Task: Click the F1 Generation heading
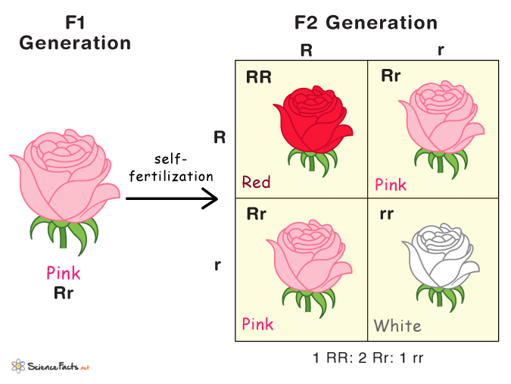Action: [x=75, y=33]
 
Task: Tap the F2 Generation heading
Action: [x=366, y=23]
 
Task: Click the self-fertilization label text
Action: [x=170, y=167]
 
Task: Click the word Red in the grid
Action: [x=256, y=182]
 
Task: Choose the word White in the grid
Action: [x=397, y=326]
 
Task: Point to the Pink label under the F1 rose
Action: [x=64, y=273]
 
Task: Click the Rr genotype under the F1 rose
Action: [x=64, y=292]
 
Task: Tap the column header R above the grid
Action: [x=306, y=51]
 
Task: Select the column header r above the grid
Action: [x=441, y=51]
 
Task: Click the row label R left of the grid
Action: [x=220, y=137]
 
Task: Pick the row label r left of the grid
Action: [x=218, y=266]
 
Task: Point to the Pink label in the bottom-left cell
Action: [x=257, y=324]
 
